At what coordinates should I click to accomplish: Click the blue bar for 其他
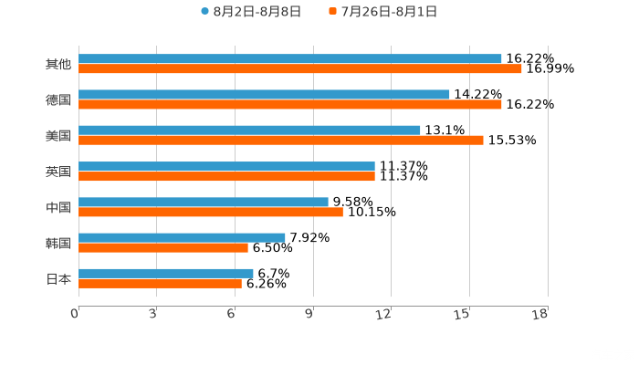click(290, 58)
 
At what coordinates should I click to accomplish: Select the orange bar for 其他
click(300, 68)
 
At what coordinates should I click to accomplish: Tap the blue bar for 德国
click(265, 94)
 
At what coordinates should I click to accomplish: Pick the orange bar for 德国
click(290, 104)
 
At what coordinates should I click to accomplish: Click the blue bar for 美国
click(250, 130)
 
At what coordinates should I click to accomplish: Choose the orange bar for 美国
click(281, 140)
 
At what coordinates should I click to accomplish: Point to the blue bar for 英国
click(227, 166)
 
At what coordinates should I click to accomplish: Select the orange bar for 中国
click(211, 212)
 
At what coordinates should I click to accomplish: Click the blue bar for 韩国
click(183, 237)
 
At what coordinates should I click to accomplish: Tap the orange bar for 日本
click(161, 283)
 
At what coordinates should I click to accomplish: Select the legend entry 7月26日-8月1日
click(389, 12)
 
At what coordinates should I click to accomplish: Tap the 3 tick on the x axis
click(153, 314)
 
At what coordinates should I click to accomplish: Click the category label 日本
click(58, 279)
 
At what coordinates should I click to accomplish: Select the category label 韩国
click(58, 244)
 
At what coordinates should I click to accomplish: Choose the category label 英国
click(58, 172)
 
